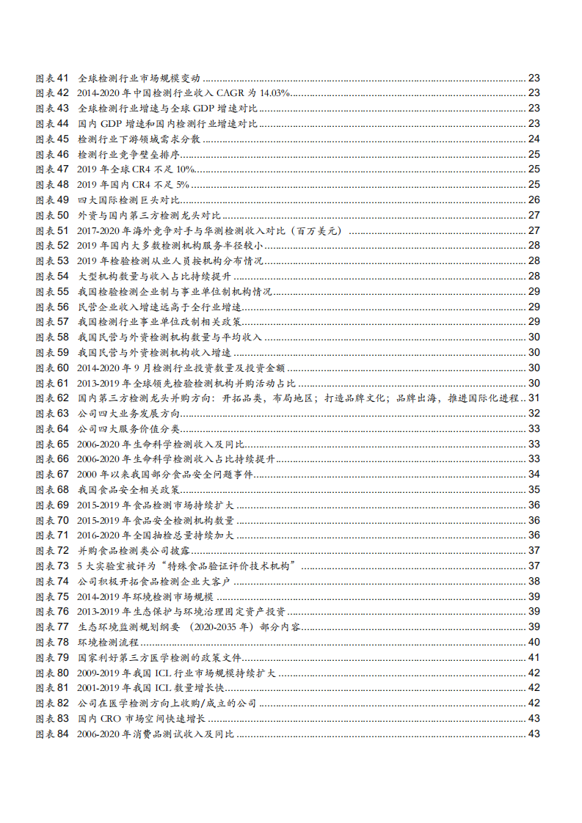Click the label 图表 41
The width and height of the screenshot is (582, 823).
pyautogui.click(x=51, y=78)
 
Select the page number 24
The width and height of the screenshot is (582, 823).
pyautogui.click(x=534, y=139)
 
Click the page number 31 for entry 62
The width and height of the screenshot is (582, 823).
pyautogui.click(x=534, y=398)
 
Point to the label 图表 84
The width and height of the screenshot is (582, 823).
pyautogui.click(x=51, y=734)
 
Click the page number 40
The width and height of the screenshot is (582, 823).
pyautogui.click(x=534, y=642)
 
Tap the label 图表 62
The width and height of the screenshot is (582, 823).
pyautogui.click(x=51, y=398)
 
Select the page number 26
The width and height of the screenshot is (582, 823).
pyautogui.click(x=534, y=200)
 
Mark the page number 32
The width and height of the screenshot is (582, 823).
pyautogui.click(x=534, y=413)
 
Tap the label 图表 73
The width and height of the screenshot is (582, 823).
pyautogui.click(x=51, y=566)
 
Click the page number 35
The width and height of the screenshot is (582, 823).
pyautogui.click(x=534, y=489)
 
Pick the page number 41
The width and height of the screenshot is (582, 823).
pyautogui.click(x=534, y=657)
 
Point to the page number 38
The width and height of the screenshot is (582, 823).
pyautogui.click(x=534, y=581)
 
